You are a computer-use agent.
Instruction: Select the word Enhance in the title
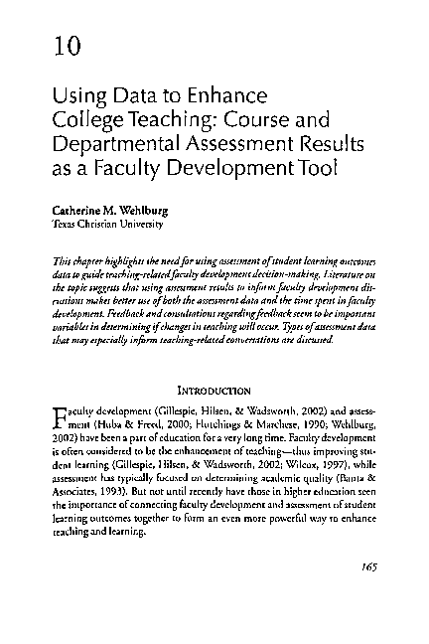coord(232,97)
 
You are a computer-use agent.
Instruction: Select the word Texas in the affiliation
coord(64,225)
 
